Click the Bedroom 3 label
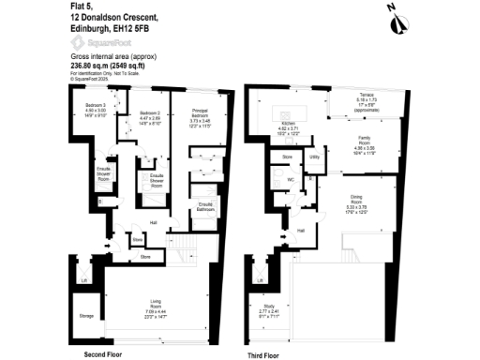(96, 104)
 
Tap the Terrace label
(366, 97)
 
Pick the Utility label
(314, 157)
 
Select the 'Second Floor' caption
(105, 354)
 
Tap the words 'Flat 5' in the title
(80, 7)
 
